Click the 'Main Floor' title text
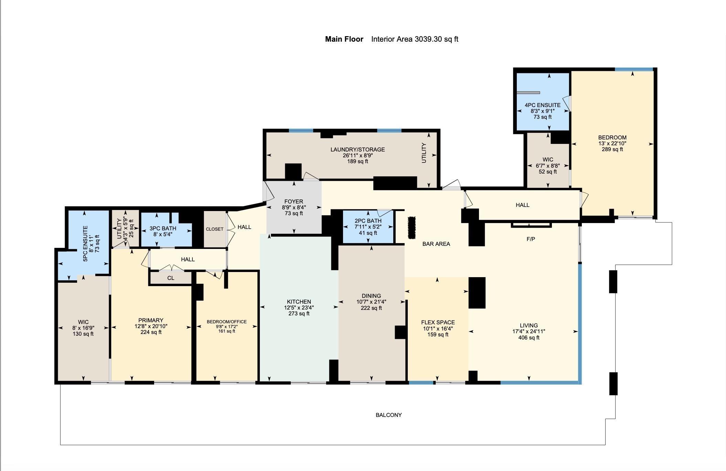[x=344, y=39]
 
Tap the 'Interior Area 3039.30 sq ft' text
[x=415, y=39]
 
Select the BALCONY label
[x=388, y=415]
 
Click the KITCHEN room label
[x=299, y=302]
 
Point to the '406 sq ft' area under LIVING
[x=529, y=337]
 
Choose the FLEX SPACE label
[x=438, y=322]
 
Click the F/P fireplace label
[x=531, y=239]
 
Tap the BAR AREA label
[x=436, y=244]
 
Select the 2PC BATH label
[x=368, y=221]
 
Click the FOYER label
[x=293, y=201]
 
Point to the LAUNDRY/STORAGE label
[x=357, y=149]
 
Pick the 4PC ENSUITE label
[x=542, y=105]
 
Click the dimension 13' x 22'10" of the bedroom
[x=612, y=143]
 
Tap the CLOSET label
[x=214, y=229]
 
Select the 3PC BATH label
[x=163, y=228]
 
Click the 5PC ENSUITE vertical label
[x=85, y=243]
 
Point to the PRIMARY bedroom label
[x=151, y=320]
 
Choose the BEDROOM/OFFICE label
[x=226, y=322]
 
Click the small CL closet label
[x=171, y=278]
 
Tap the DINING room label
[x=371, y=296]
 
